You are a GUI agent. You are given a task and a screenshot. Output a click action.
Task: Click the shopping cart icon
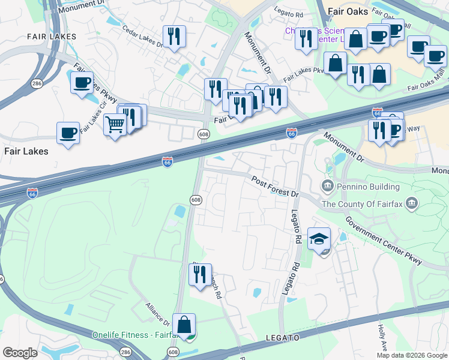coord(114,125)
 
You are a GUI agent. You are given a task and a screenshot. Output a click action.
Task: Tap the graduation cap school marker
coord(319,239)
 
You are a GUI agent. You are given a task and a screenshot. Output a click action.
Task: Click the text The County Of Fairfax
coord(363,203)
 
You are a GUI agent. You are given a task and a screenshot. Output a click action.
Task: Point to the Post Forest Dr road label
coord(275,186)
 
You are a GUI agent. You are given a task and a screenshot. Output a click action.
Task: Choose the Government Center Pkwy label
coord(384,239)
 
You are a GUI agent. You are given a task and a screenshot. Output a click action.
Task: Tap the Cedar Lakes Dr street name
coord(143,36)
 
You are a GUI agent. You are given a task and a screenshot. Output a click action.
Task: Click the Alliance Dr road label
coord(158,314)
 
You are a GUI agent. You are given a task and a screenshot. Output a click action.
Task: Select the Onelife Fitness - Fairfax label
coord(132,334)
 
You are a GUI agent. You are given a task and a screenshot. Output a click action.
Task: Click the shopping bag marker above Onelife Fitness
coord(184,324)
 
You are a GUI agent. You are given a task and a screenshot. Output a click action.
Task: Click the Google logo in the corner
coord(20,352)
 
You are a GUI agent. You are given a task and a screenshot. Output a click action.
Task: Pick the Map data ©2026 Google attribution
coord(412,355)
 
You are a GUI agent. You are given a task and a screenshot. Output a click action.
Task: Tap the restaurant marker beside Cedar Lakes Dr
coord(174,36)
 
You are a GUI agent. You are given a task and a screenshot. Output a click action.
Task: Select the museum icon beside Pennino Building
coord(328,185)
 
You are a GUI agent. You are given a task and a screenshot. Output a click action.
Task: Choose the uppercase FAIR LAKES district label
coord(52,37)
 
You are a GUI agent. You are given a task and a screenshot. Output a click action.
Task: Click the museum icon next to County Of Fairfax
coord(411,203)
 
